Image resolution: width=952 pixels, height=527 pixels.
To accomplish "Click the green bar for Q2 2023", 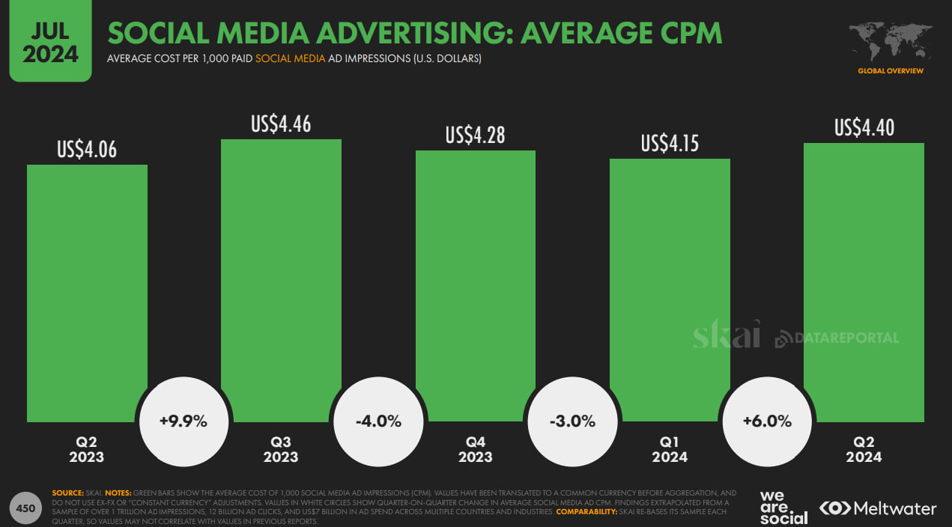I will tap(87, 292).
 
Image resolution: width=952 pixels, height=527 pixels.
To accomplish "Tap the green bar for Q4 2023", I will tap(476, 285).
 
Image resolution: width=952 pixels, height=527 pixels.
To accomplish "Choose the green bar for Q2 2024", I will tap(864, 281).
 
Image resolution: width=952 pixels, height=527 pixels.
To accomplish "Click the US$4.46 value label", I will tap(281, 124).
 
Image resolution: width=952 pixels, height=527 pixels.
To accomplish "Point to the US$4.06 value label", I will tap(87, 150).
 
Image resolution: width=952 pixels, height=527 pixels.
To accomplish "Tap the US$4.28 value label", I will tap(476, 135).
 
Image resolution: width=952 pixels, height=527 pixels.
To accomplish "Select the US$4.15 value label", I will tap(670, 143).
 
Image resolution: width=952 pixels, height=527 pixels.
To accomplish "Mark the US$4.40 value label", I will tap(864, 128).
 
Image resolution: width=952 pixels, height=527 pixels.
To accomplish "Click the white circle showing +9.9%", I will tap(184, 421).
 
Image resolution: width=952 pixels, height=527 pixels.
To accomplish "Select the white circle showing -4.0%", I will tap(378, 421).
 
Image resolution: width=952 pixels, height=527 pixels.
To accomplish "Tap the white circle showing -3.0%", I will tap(572, 421).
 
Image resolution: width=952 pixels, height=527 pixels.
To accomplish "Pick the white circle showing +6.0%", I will tap(767, 421).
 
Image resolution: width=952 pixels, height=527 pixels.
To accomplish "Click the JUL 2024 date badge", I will tap(50, 41).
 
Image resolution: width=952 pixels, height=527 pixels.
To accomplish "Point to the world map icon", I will tap(890, 43).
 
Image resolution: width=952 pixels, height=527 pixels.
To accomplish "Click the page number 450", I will tap(26, 508).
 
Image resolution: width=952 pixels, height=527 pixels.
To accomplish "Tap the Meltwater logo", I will tap(878, 508).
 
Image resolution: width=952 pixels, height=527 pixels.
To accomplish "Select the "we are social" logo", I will tap(783, 508).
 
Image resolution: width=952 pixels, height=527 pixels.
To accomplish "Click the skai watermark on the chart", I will tap(726, 334).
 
